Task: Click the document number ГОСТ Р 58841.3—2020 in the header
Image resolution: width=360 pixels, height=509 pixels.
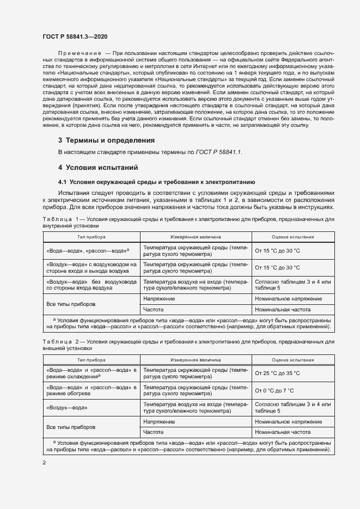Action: click(x=75, y=36)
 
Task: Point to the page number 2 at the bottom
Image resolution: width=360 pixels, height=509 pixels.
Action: click(x=44, y=462)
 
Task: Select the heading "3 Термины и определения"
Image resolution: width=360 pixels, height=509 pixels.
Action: click(x=107, y=140)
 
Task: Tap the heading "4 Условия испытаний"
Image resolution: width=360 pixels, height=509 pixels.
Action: click(x=99, y=167)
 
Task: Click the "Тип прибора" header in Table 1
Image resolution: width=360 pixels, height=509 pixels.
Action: click(x=91, y=237)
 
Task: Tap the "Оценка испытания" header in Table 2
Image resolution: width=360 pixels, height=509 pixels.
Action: click(x=292, y=360)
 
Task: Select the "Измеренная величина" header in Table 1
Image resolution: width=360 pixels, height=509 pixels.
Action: click(x=195, y=237)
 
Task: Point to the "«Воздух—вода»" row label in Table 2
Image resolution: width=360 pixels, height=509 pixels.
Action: click(x=65, y=408)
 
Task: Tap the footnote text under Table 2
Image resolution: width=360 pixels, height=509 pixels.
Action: click(x=189, y=447)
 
